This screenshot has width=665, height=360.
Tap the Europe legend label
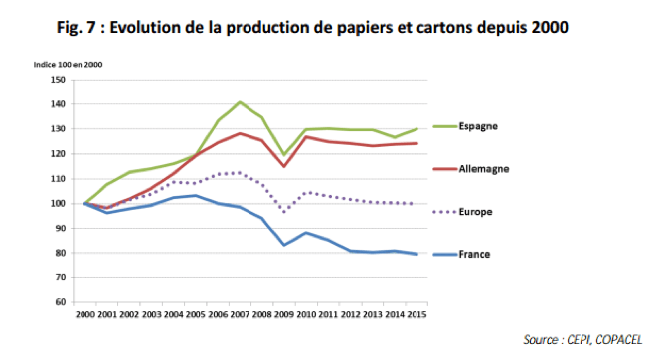click(x=476, y=212)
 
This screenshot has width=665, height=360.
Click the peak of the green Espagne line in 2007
click(x=240, y=102)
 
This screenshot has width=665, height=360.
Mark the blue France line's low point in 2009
click(x=285, y=245)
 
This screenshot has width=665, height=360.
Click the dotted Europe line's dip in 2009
click(x=285, y=211)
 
